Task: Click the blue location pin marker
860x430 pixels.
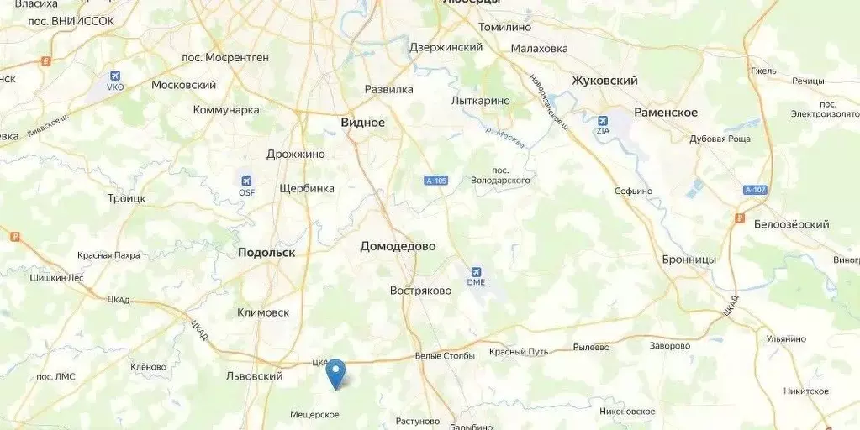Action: click(x=336, y=372)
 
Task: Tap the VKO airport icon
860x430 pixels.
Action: click(x=115, y=76)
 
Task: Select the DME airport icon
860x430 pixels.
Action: click(x=477, y=273)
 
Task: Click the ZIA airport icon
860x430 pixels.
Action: click(x=603, y=121)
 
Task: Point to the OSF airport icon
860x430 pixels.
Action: click(x=246, y=181)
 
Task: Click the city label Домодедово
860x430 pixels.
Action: click(x=398, y=246)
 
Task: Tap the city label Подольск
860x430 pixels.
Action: click(x=266, y=252)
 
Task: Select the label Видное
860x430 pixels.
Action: click(x=362, y=123)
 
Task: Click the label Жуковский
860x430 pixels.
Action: click(x=604, y=81)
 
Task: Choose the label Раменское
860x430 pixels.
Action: click(x=666, y=113)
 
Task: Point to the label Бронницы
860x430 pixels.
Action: click(x=689, y=260)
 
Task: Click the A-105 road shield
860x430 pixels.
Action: click(x=435, y=181)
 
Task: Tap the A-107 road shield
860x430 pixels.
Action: click(x=756, y=190)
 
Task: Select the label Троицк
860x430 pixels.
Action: click(x=126, y=198)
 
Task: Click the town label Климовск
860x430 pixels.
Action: click(x=263, y=312)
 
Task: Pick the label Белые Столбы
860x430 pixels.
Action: click(x=445, y=355)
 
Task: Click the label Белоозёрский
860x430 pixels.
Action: click(x=791, y=224)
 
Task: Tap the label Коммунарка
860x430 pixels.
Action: click(x=226, y=110)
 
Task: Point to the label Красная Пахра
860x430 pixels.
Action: click(x=108, y=254)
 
